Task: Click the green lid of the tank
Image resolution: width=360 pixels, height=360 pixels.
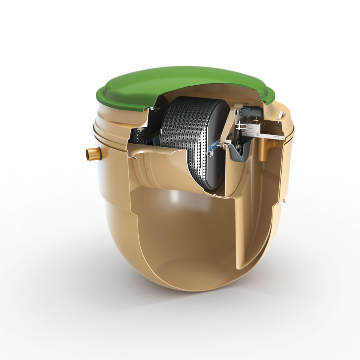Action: tap(160, 84)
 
